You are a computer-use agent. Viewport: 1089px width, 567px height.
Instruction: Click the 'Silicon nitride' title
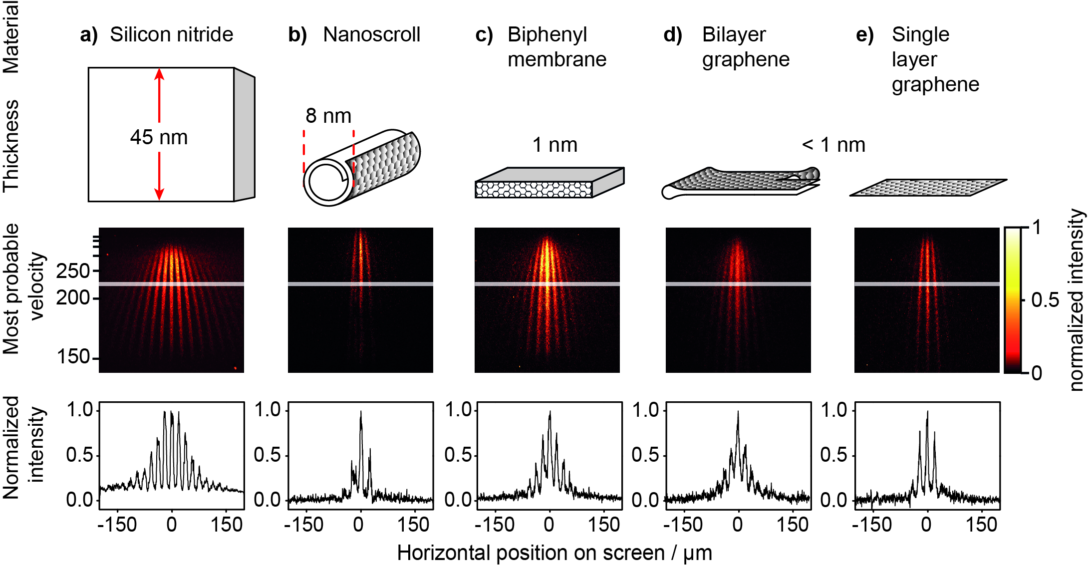point(171,34)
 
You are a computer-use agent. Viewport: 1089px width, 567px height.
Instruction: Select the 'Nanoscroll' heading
point(371,34)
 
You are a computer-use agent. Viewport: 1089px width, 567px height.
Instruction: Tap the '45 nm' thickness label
point(159,137)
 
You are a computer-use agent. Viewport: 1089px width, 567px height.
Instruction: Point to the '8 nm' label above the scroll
point(328,116)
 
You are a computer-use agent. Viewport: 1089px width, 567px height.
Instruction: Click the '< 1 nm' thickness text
point(833,145)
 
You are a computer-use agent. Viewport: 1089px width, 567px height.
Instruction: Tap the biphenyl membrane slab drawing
point(549,183)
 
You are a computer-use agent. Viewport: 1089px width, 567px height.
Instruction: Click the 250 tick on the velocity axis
point(73,271)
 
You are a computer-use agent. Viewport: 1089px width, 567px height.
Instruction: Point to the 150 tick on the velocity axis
point(73,357)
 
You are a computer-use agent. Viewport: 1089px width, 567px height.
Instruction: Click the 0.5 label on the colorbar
point(1045,300)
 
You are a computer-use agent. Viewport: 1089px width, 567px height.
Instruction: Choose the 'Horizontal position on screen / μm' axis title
point(554,553)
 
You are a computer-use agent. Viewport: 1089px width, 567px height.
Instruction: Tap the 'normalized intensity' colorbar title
point(1077,299)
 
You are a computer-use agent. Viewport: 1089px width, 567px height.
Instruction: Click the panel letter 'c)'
point(484,35)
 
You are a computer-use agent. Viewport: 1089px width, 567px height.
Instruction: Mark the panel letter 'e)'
point(864,35)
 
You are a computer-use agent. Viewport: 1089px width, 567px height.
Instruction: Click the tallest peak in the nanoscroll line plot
point(361,412)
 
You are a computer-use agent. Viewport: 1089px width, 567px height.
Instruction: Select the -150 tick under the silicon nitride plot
point(117,525)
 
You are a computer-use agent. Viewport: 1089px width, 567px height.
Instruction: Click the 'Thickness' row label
point(11,146)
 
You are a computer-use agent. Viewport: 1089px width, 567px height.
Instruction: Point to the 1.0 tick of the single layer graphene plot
point(834,410)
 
